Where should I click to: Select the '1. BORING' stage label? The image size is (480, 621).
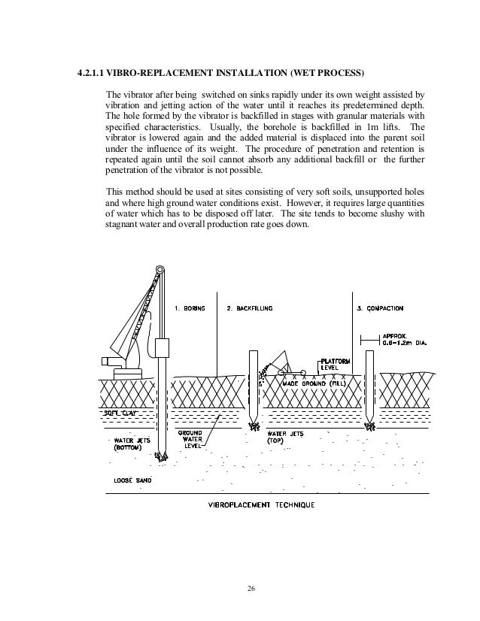point(190,308)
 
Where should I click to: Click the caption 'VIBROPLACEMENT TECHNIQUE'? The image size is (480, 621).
point(263,504)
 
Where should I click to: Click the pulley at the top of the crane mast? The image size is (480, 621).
point(159,270)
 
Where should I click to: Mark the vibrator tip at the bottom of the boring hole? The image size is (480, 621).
point(159,456)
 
